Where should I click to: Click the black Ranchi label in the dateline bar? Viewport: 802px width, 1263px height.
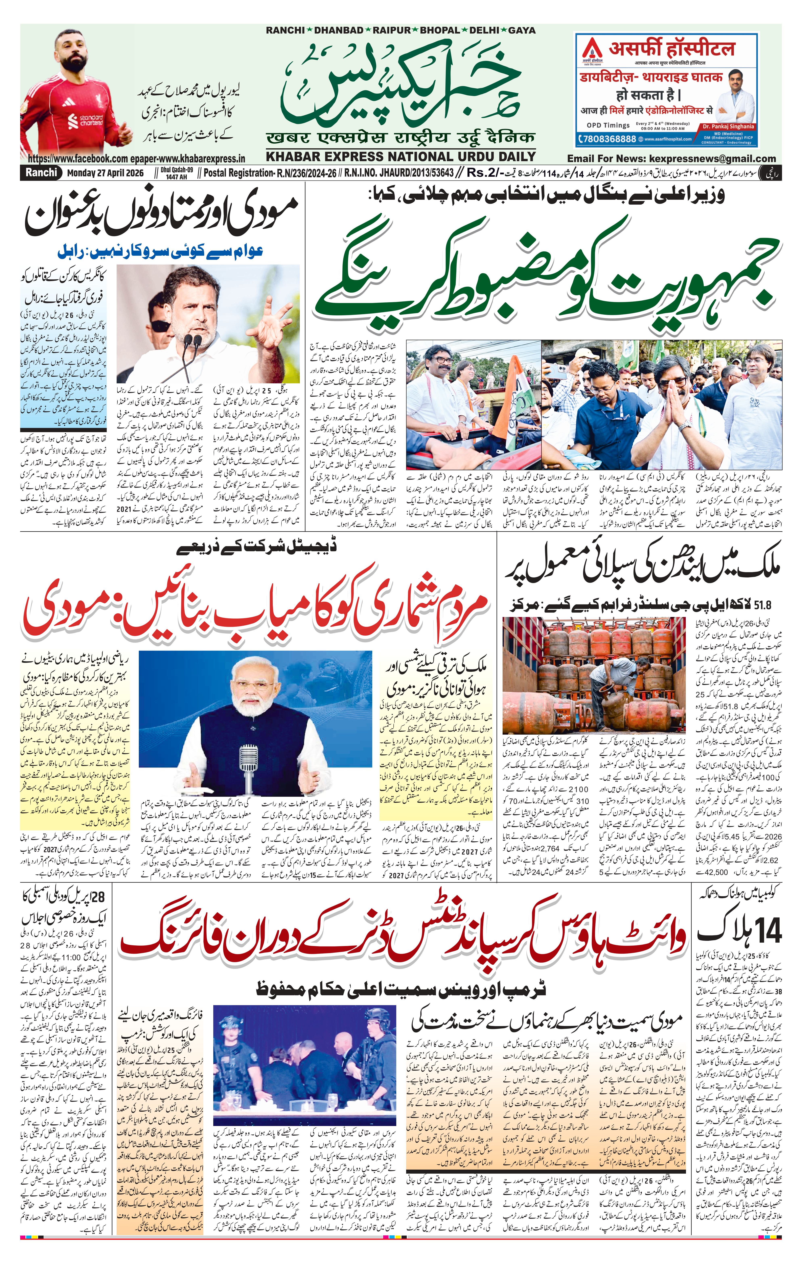tap(40, 173)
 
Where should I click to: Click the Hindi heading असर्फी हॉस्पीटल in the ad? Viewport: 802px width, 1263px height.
tap(671, 49)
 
